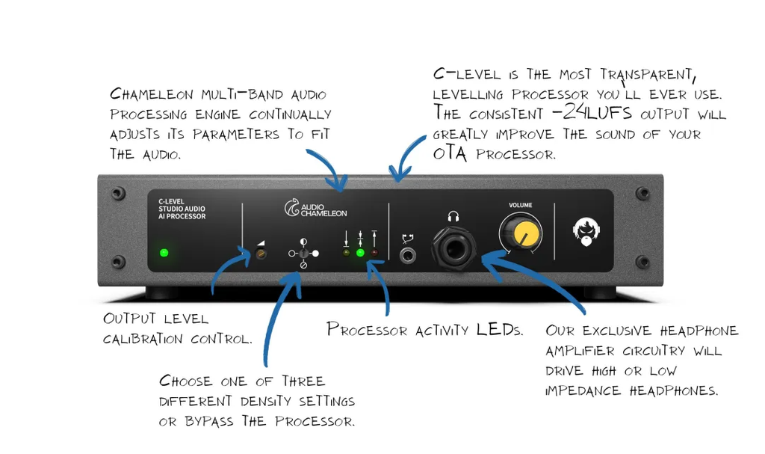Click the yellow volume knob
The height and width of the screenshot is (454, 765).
pos(521,233)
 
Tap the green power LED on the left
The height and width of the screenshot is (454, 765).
pos(164,253)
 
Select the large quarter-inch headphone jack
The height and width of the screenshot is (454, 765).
pos(453,248)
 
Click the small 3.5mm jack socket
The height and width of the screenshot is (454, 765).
pos(407,255)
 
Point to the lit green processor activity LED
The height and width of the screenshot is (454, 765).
pos(360,253)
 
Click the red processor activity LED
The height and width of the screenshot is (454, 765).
pos(374,253)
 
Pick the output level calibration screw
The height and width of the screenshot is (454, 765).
pos(261,254)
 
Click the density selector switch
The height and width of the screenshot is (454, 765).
pos(303,253)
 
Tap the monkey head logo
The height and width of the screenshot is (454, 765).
pos(586,232)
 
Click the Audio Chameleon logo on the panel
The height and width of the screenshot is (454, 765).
pos(316,208)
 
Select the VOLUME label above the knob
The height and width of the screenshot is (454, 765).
pos(520,205)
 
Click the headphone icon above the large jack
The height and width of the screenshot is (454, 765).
pos(453,216)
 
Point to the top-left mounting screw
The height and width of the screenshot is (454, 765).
pos(117,193)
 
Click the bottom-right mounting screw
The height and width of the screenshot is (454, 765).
pos(642,262)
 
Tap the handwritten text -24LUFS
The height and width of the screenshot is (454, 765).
pos(592,113)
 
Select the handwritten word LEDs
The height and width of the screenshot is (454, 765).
pos(500,329)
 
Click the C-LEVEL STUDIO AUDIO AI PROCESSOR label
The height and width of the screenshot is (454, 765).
pos(182,209)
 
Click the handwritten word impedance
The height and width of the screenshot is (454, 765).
pos(583,390)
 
